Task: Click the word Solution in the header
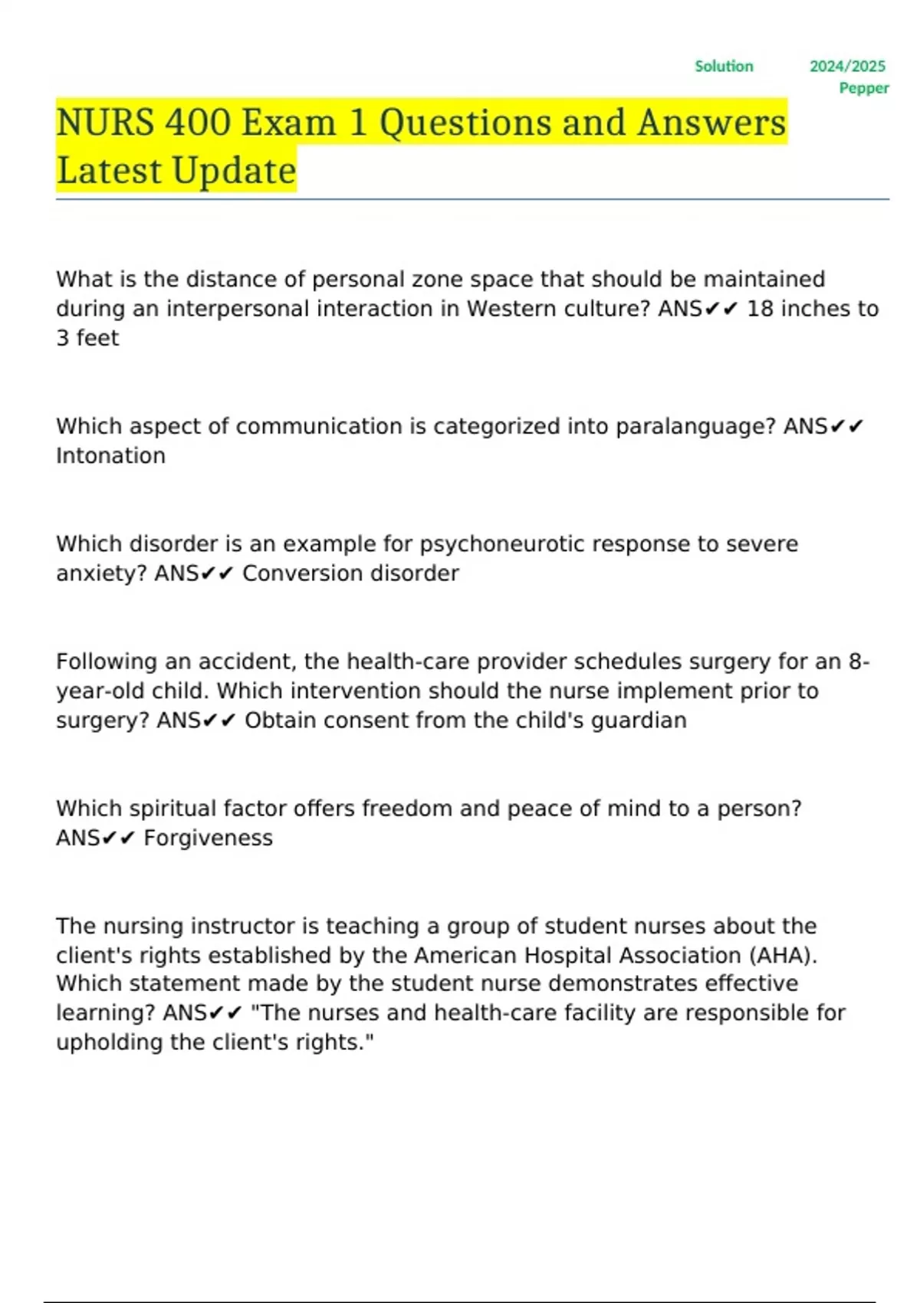(724, 66)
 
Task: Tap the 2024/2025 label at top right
(847, 66)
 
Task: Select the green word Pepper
(864, 88)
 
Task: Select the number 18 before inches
(760, 308)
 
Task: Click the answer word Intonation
(110, 455)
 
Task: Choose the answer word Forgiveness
(208, 838)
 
